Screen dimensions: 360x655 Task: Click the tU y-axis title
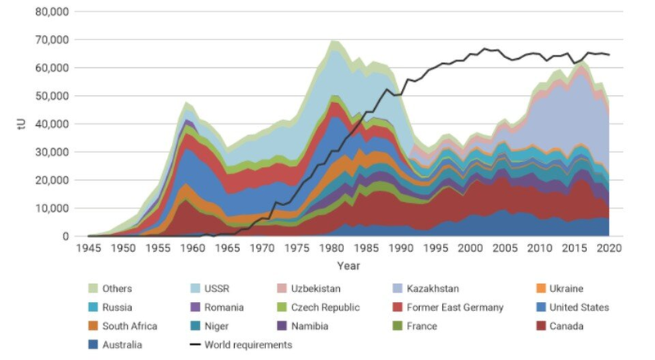(16, 124)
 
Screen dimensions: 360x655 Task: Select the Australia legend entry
(123, 344)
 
